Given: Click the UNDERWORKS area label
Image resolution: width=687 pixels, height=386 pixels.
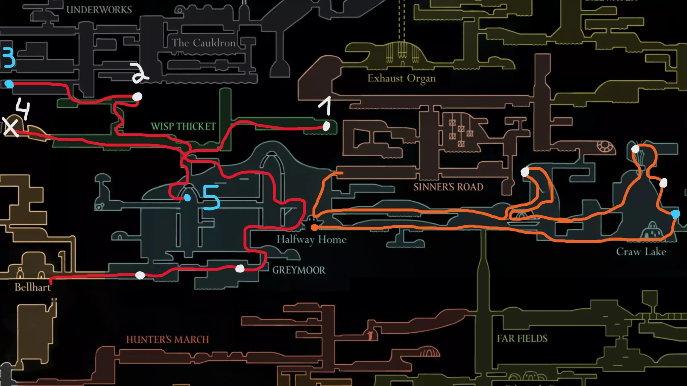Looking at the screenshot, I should pos(99,10).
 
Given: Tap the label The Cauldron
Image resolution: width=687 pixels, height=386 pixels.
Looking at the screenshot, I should pos(203,43).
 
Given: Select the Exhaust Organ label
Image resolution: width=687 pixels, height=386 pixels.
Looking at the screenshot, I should pos(401,78).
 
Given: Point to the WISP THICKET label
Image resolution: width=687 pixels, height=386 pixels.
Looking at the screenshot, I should pos(183,126).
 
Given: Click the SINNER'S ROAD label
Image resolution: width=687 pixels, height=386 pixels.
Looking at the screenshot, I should pos(448,187).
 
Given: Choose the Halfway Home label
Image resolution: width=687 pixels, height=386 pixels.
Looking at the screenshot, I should pos(311,239).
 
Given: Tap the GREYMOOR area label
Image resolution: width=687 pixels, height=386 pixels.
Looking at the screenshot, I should pos(299,270).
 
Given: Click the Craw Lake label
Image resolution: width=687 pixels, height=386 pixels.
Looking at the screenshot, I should pos(641,252).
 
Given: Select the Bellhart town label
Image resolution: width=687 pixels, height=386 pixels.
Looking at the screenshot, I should pos(32,287).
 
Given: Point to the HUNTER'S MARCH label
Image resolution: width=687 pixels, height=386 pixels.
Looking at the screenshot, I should pos(167,339).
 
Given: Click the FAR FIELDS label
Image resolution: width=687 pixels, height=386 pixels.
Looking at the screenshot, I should pos(522,338).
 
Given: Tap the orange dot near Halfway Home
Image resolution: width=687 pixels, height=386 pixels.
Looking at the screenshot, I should pos(314,228).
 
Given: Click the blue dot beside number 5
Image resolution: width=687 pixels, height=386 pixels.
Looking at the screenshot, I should pos(187,198).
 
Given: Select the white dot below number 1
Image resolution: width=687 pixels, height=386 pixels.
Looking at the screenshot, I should pos(326,126).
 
